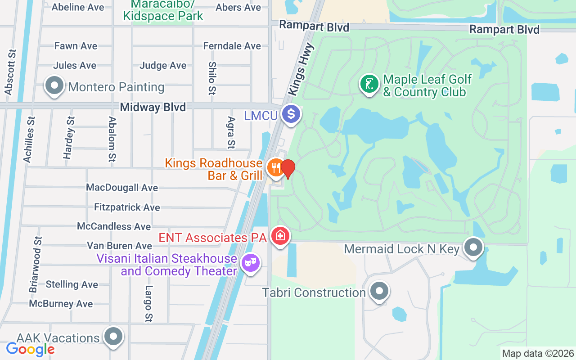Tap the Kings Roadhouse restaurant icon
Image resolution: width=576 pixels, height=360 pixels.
pyautogui.click(x=275, y=168)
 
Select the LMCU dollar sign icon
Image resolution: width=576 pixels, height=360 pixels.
pyautogui.click(x=291, y=114)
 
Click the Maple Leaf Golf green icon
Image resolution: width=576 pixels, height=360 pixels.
pyautogui.click(x=369, y=84)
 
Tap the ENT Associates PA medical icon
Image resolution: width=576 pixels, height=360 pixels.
pyautogui.click(x=280, y=236)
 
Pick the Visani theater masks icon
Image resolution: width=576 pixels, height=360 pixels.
pyautogui.click(x=250, y=263)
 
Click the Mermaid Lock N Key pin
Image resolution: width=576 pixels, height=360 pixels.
pyautogui.click(x=473, y=247)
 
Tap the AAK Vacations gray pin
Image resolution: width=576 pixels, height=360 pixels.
pyautogui.click(x=113, y=337)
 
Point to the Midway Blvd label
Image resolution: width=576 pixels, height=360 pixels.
pyautogui.click(x=153, y=107)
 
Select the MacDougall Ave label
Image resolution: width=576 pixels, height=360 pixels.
pyautogui.click(x=122, y=188)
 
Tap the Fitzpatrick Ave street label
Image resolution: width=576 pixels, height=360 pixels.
pyautogui.click(x=127, y=207)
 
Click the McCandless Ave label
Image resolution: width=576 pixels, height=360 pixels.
pyautogui.click(x=114, y=226)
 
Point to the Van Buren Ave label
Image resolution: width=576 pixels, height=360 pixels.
pyautogui.click(x=119, y=246)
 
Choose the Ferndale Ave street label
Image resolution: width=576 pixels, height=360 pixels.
pyautogui.click(x=232, y=46)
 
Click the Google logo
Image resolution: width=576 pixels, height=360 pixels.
pyautogui.click(x=30, y=349)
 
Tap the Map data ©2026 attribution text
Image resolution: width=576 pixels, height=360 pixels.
pyautogui.click(x=538, y=353)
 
